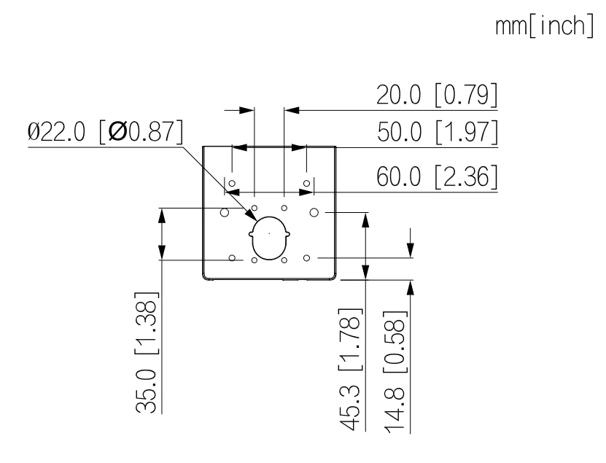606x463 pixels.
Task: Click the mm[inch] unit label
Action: click(x=544, y=26)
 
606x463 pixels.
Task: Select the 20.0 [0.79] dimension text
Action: click(x=437, y=95)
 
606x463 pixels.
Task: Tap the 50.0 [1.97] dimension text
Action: click(x=438, y=132)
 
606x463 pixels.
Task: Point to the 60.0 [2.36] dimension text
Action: click(x=437, y=176)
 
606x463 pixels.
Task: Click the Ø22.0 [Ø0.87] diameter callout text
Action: click(x=105, y=131)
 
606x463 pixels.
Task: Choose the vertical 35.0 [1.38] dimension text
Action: click(x=147, y=352)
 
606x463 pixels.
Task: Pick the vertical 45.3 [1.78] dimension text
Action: click(x=351, y=370)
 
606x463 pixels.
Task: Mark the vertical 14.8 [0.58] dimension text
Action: click(x=395, y=372)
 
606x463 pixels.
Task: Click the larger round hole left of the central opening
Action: click(x=225, y=212)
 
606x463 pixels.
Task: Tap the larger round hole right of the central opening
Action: click(x=314, y=212)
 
